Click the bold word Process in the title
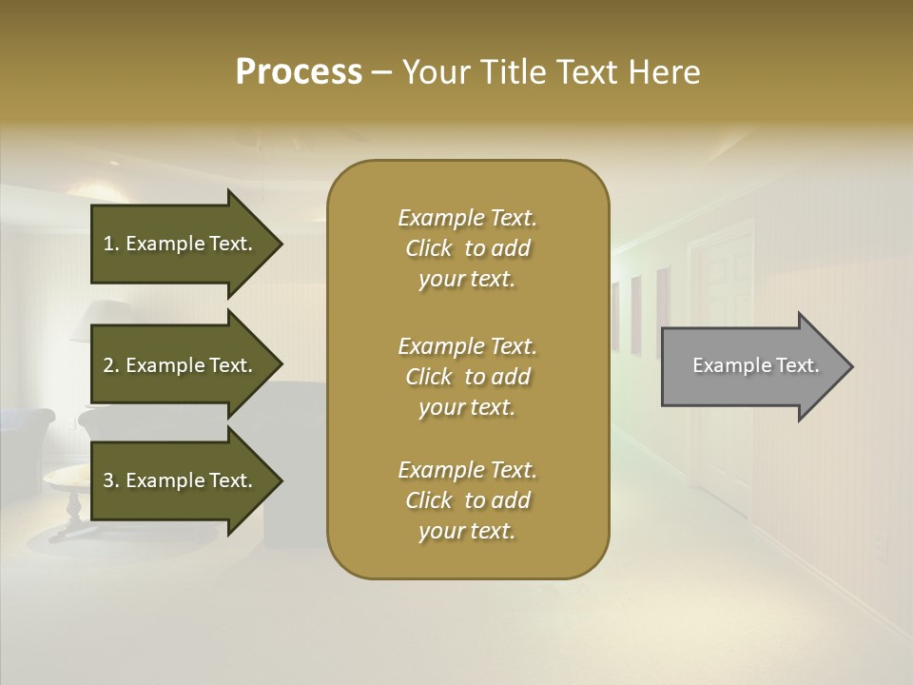click(299, 72)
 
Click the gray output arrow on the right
click(751, 366)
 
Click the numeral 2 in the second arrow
click(108, 365)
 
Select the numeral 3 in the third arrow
click(108, 480)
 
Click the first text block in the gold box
click(467, 248)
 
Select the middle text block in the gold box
click(467, 377)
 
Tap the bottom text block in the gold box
click(467, 500)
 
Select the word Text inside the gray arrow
click(797, 365)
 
